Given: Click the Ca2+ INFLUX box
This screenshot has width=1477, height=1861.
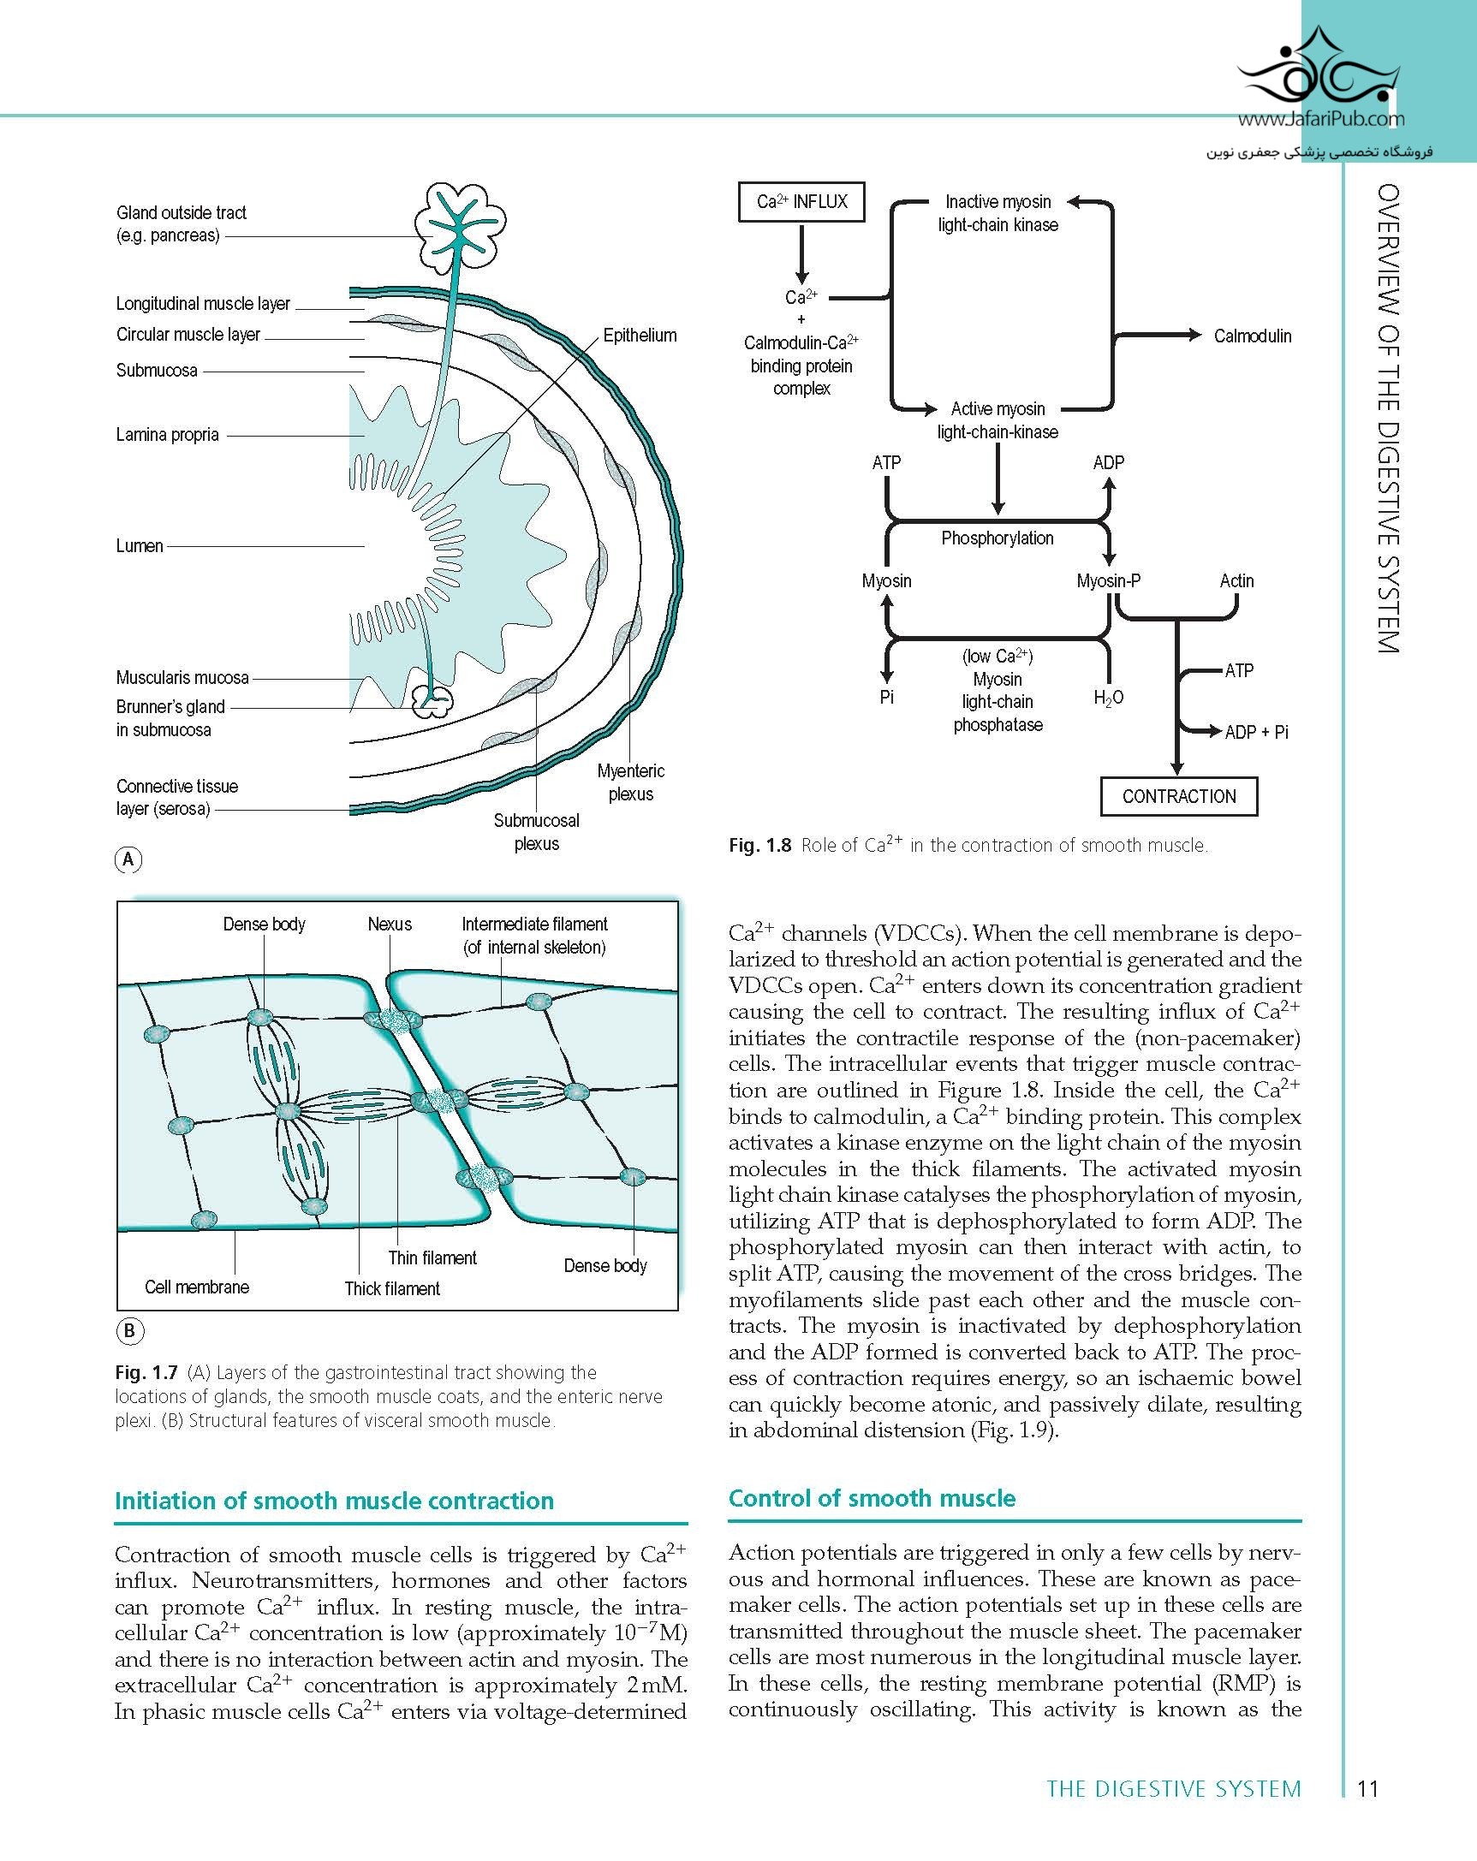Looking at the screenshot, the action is pos(801,202).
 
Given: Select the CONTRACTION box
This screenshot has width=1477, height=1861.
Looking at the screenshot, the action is pos(1178,796).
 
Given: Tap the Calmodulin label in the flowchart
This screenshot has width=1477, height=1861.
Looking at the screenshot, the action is pos(1253,336).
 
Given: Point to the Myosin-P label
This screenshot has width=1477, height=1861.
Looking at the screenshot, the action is pos(1109,581).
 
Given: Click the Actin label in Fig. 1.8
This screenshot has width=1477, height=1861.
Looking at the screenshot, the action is pos(1236,581).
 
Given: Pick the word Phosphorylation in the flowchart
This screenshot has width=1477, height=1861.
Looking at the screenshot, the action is pos(997,538).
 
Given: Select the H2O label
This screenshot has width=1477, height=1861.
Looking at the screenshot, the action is pos(1109,698).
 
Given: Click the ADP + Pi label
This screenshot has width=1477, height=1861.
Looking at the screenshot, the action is pos(1256,732).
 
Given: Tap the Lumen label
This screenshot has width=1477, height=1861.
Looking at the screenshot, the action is pos(140,545).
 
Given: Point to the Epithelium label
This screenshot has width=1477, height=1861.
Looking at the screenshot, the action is pos(640,335).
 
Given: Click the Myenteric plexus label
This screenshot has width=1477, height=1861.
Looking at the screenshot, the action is pos(631,782).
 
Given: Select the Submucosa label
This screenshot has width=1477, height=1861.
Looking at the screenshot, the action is pos(157,371).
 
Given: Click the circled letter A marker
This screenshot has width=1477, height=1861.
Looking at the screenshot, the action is pos(128,859).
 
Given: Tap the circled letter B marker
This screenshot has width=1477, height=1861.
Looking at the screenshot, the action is pos(128,1330).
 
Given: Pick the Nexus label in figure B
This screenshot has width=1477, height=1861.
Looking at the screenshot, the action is pos(390,924).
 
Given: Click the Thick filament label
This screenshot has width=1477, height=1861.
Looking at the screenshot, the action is pos(392,1287).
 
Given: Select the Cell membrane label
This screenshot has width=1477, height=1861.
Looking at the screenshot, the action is pos(197,1286).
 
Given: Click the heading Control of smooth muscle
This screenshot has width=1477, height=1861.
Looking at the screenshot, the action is pos(872,1497).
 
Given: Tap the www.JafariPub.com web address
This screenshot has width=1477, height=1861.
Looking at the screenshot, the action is pos(1321,120).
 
